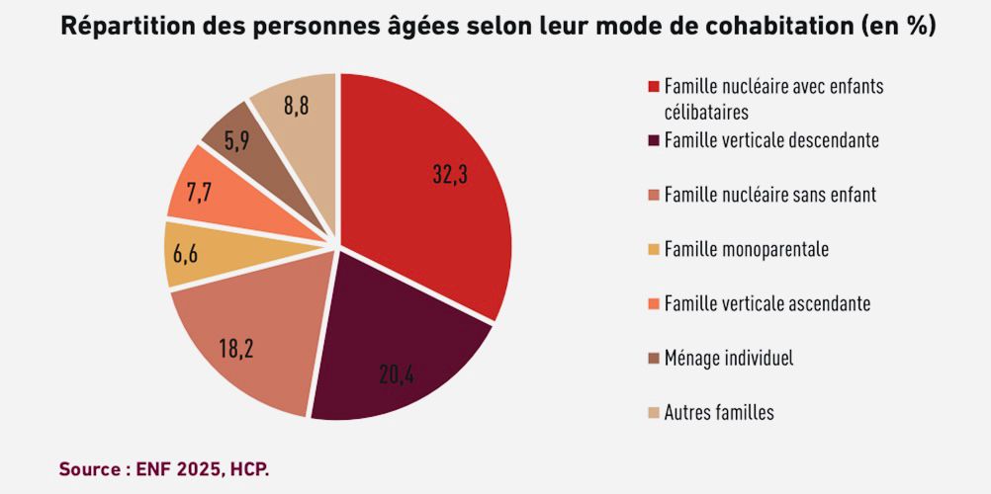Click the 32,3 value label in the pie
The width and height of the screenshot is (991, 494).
coord(450,174)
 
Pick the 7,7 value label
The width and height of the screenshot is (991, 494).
coord(199,192)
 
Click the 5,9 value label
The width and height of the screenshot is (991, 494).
coord(236,140)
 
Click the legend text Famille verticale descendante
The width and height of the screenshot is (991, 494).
coord(771,140)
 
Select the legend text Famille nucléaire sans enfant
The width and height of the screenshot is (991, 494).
coord(769,195)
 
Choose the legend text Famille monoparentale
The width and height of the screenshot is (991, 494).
coord(746,249)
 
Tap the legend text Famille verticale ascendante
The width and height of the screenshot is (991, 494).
coord(767,303)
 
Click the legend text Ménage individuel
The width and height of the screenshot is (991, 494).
coord(729,358)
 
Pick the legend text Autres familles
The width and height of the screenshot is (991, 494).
coord(719,412)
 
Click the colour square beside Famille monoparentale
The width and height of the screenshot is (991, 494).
coord(653,249)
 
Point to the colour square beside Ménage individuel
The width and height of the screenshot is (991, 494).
coord(653,358)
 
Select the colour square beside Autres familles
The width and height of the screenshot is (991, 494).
coord(653,412)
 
